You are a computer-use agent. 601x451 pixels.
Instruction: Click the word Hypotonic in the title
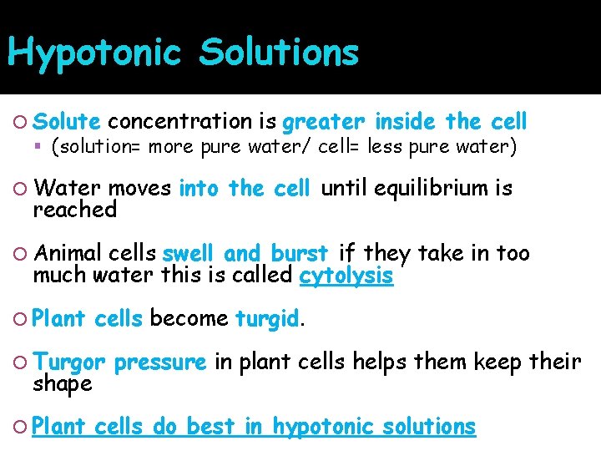pos(93,52)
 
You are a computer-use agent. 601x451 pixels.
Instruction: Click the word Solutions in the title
pos(279,52)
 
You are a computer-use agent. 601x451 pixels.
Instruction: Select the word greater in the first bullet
pos(323,122)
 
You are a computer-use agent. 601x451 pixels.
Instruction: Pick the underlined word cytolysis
pos(346,276)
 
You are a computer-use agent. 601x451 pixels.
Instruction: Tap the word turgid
pos(266,318)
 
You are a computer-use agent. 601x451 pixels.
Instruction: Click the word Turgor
pos(69,363)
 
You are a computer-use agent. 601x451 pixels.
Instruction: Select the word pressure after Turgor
pos(159,363)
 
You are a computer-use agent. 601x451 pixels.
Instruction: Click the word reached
pos(74,210)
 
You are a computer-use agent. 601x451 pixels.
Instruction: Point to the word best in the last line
pos(211,426)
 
